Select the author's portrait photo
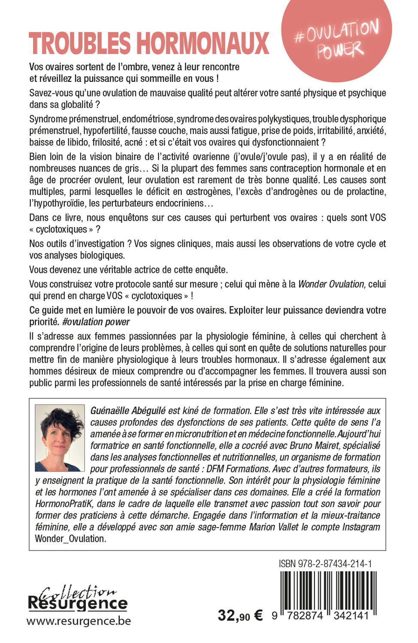(x=60, y=438)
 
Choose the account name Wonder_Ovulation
(x=70, y=538)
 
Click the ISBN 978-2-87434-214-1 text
(x=325, y=564)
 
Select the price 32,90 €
(x=240, y=616)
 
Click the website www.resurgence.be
(x=79, y=621)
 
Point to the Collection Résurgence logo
(x=78, y=598)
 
